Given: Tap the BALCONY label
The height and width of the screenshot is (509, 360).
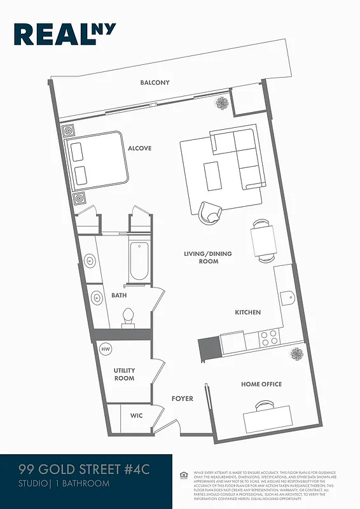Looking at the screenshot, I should tap(155, 83).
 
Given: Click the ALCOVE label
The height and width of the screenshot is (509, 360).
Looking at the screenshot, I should tap(140, 148).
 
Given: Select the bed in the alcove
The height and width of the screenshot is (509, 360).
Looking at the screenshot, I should tap(95, 160).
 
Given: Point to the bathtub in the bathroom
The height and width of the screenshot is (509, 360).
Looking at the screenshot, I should tap(139, 262).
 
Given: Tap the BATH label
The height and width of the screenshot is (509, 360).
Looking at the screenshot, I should tap(119, 295).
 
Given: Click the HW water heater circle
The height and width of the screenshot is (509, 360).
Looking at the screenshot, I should tap(106, 349).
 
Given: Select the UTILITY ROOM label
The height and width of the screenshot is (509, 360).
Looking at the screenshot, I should tap(124, 374).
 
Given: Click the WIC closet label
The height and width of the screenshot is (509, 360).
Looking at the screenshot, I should tap(136, 415).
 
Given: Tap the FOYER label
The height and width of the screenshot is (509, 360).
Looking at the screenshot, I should tap(182, 399).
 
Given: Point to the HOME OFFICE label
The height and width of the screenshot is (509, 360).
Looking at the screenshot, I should tap(261, 384).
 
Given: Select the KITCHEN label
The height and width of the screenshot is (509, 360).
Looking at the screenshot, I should tap(247, 312).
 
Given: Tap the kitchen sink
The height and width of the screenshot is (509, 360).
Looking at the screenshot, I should tap(287, 296).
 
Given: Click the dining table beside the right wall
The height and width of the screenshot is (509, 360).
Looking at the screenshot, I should tap(263, 241).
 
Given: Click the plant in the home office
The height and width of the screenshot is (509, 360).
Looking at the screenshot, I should tap(296, 353).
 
